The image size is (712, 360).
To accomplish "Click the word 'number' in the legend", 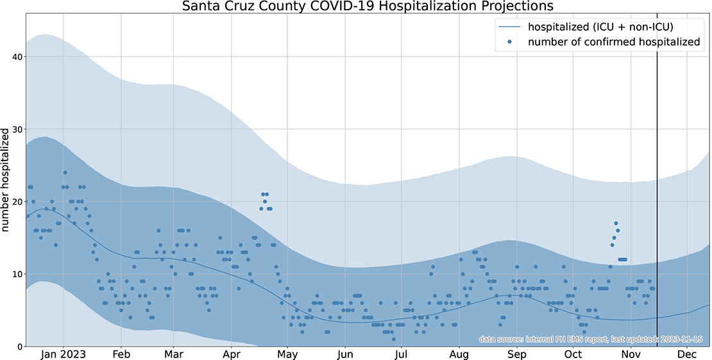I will click(547, 42).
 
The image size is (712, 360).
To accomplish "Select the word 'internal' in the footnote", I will click(539, 339).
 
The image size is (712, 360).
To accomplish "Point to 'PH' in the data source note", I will click(560, 339).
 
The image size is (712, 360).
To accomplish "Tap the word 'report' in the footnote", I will click(596, 339).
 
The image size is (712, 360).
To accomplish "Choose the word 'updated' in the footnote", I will click(640, 339).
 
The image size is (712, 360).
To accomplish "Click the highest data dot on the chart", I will click(65, 173).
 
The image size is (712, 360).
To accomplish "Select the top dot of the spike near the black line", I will click(616, 223).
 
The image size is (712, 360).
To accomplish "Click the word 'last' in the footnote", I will click(618, 339).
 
